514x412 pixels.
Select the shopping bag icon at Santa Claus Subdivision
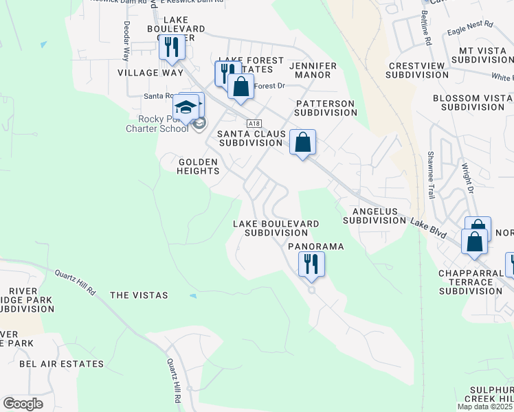pos(302,142)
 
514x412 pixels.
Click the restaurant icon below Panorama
pos(311,264)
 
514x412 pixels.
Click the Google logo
pos(23,404)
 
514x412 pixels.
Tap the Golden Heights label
pos(198,166)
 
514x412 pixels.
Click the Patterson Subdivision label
pos(325,108)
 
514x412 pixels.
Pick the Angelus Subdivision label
pos(375,216)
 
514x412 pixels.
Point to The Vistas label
pos(139,295)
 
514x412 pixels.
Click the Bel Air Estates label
pos(61,364)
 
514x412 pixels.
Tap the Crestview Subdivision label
pos(419,71)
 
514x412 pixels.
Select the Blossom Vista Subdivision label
pos(473,103)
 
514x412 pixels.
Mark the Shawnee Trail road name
pos(431,175)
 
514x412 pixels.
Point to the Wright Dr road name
pos(467,176)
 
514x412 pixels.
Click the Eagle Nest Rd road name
pos(470,28)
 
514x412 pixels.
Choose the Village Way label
pos(150,73)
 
